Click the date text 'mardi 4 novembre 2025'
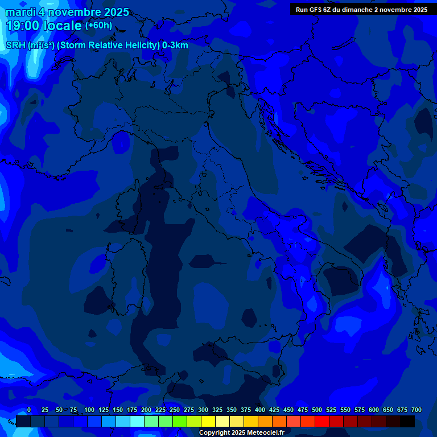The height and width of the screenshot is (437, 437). (x=67, y=12)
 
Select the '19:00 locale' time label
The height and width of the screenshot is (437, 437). (x=44, y=26)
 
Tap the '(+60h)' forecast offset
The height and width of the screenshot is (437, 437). (x=98, y=26)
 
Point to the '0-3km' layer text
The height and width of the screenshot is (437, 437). (x=175, y=46)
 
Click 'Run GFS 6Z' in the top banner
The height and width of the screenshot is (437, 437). (x=314, y=10)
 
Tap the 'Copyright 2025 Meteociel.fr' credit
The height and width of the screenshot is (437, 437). (x=241, y=433)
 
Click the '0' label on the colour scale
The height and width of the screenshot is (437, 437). (x=29, y=410)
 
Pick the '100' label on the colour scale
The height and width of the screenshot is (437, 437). (x=89, y=410)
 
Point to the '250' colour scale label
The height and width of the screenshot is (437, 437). (x=175, y=410)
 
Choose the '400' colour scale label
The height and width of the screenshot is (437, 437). (x=260, y=410)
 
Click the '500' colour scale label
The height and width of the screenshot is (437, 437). (x=317, y=410)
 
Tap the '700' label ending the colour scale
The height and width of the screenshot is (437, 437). (x=417, y=410)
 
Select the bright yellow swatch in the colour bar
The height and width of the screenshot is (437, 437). (x=208, y=422)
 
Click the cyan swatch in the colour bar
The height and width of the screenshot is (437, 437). (x=137, y=422)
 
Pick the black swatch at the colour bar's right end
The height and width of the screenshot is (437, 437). (x=407, y=422)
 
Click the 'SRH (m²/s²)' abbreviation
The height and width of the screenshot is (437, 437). (x=30, y=46)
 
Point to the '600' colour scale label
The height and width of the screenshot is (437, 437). (x=374, y=410)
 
